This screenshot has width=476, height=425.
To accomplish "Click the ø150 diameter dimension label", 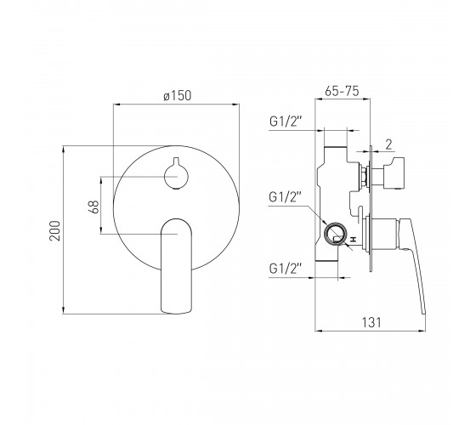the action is pyautogui.click(x=178, y=95).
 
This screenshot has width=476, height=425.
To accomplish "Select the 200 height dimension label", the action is pyautogui.click(x=55, y=230).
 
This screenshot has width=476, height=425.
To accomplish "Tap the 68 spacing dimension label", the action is pyautogui.click(x=94, y=207).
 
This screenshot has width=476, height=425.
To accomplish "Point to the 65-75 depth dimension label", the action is pyautogui.click(x=342, y=91).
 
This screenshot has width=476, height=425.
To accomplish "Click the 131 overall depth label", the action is pyautogui.click(x=371, y=322).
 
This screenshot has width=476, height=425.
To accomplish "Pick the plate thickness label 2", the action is pyautogui.click(x=389, y=145).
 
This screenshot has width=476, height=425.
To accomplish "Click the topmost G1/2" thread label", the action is pyautogui.click(x=286, y=122).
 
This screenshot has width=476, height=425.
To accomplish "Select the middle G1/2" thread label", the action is pyautogui.click(x=286, y=197).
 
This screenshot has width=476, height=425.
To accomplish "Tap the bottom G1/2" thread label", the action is pyautogui.click(x=286, y=269).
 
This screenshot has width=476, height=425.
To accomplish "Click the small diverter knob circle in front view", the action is pyautogui.click(x=177, y=177).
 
